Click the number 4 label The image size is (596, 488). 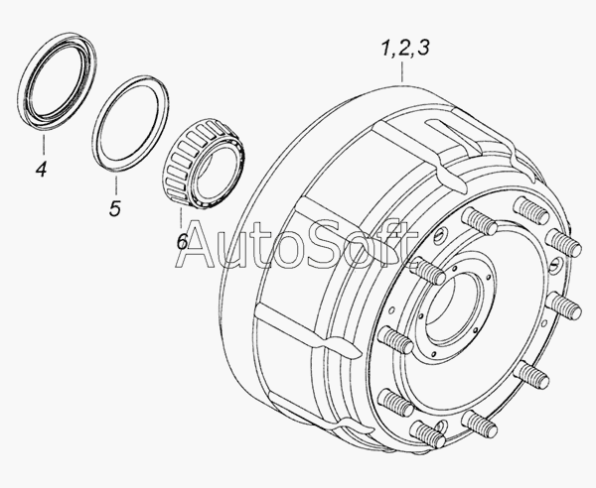pos(42,169)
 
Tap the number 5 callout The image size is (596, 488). pos(115,208)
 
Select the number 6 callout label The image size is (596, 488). pos(183,241)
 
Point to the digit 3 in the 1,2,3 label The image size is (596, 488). pos(423,48)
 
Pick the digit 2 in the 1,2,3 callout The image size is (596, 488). pos(404,49)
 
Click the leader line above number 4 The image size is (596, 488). pos(44,144)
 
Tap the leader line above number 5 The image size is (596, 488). pos(115,184)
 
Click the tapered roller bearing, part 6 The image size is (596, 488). pos(204,164)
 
